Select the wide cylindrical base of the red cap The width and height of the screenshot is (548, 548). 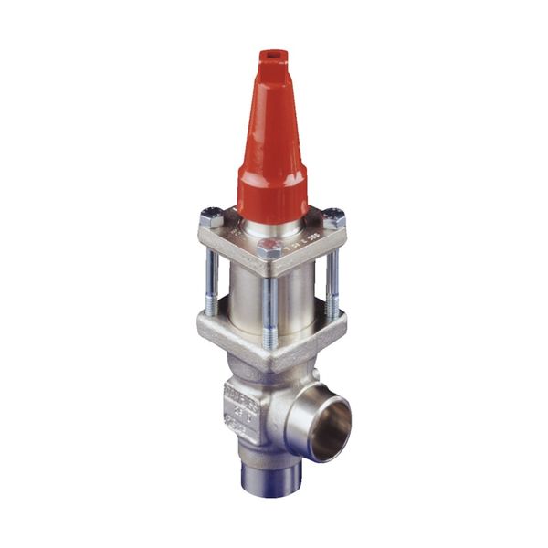pyautogui.click(x=272, y=187)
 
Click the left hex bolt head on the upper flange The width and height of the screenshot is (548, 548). pyautogui.click(x=211, y=219)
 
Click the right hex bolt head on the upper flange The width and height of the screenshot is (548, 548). pyautogui.click(x=334, y=219)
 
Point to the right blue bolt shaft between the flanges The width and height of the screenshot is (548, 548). pyautogui.click(x=332, y=279)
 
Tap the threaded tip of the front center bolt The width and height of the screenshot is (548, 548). pyautogui.click(x=270, y=338)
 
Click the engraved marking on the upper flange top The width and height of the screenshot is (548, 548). pyautogui.click(x=306, y=240)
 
